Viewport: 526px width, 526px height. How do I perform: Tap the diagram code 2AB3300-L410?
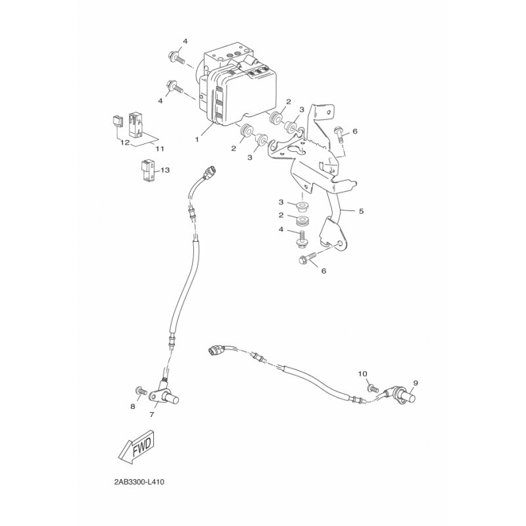139,483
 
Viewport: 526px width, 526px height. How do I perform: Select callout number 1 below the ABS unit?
197,139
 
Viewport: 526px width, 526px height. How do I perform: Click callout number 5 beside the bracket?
361,211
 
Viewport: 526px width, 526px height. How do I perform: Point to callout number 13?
165,170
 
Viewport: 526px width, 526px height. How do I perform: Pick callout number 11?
160,149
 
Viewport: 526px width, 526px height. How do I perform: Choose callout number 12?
125,143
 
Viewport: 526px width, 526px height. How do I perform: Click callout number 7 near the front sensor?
152,415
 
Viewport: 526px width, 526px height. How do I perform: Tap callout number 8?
133,406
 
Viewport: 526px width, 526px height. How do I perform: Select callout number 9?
416,383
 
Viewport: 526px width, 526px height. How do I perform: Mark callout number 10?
363,373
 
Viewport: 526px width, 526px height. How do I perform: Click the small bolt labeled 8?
141,391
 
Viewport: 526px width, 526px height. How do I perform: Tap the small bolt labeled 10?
373,389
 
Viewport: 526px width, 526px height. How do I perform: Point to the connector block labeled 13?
147,171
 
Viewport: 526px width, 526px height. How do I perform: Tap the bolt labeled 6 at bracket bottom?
307,258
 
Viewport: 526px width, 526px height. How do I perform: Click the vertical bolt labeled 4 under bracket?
301,239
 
